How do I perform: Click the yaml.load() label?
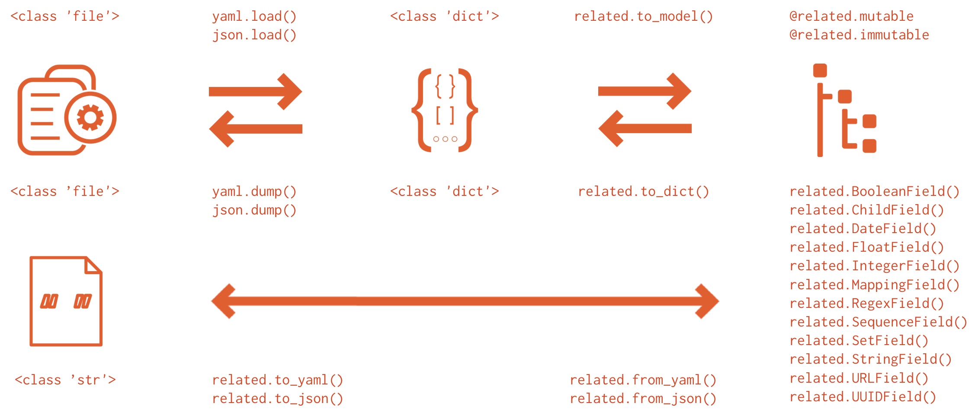[x=254, y=16]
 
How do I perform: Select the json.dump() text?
[x=254, y=210]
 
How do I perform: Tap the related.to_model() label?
[x=643, y=16]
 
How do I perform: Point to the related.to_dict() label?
[x=643, y=192]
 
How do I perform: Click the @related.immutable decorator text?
[x=859, y=35]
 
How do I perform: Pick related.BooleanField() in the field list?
[x=874, y=192]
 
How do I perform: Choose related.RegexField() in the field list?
[x=866, y=304]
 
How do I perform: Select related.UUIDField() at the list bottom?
[x=863, y=397]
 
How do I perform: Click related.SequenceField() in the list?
[x=878, y=322]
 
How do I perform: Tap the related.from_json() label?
[x=643, y=399]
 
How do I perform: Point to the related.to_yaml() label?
[x=277, y=380]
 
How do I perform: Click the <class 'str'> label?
[x=65, y=380]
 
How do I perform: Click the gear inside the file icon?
[x=90, y=117]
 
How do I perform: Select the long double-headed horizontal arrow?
[x=465, y=301]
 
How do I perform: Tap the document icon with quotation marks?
[x=66, y=301]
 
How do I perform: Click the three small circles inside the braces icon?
[x=445, y=139]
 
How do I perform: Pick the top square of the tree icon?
[x=820, y=70]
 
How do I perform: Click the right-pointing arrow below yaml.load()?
[x=255, y=91]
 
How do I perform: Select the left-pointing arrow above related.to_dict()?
[x=645, y=128]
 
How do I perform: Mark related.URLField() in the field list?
[x=859, y=378]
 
